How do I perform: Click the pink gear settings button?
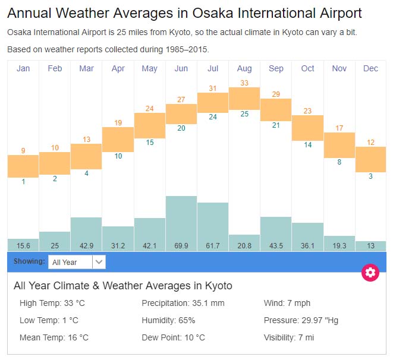point(370,273)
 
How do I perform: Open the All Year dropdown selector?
point(77,262)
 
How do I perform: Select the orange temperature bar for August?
point(244,97)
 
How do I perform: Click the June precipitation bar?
point(181,217)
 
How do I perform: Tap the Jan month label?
point(23,68)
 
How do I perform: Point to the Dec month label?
point(370,68)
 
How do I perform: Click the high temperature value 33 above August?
point(244,83)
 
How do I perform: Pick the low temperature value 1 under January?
point(23,182)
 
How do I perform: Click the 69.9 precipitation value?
point(181,245)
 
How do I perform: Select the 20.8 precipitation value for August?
point(244,245)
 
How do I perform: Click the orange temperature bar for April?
point(118,140)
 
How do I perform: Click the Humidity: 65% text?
point(168,320)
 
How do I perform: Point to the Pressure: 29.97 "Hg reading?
point(301,320)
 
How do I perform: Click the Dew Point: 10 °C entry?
point(173,337)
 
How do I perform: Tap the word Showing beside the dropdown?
point(29,261)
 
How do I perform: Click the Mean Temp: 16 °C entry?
point(54,337)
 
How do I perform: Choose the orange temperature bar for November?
point(339,145)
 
